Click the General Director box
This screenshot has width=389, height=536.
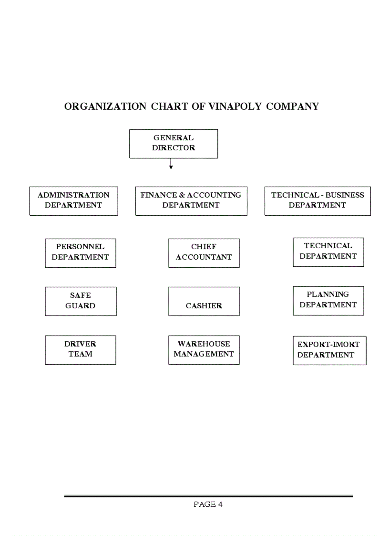[174, 143]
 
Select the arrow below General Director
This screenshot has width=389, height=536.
[171, 164]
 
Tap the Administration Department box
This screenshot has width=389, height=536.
[73, 200]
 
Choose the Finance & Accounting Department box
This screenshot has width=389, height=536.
[191, 200]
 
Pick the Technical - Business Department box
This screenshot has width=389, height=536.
[317, 200]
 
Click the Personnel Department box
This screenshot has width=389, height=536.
[80, 252]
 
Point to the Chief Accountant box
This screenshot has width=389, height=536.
[204, 252]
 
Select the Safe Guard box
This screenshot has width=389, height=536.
[80, 301]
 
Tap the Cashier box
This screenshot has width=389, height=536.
[204, 301]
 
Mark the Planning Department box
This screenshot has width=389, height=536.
[328, 300]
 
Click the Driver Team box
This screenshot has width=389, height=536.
[80, 349]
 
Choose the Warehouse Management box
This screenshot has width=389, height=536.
[204, 349]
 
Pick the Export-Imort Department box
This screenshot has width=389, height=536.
[329, 350]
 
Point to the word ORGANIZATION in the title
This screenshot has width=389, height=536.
[105, 106]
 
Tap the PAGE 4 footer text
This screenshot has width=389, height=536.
[208, 504]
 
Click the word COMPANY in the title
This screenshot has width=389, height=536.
[292, 106]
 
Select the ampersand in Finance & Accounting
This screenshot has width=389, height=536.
[182, 195]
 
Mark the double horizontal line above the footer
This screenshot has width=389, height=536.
[208, 496]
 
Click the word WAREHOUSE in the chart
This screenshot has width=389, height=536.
[204, 344]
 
